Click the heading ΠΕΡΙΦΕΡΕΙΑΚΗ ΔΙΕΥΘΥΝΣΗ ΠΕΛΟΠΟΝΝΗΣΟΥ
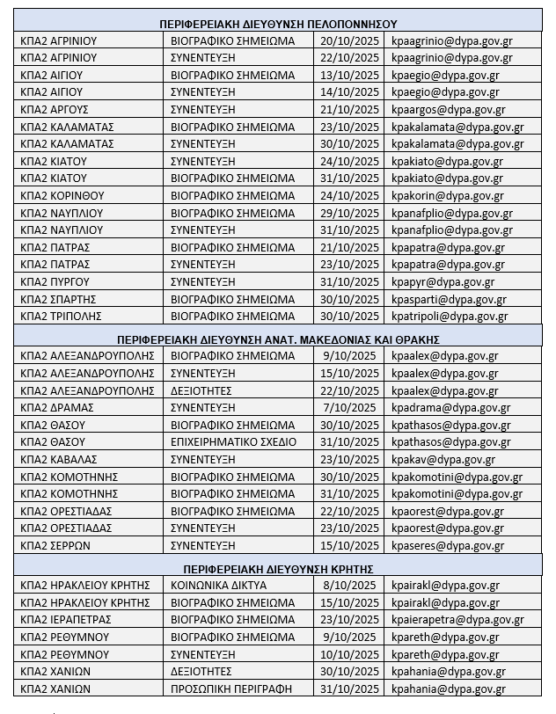tap(278, 23)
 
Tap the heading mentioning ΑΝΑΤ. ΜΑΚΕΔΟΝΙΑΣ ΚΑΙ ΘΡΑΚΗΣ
tap(278, 339)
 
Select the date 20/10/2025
tap(349, 40)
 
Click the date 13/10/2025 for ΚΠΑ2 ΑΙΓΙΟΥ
tap(349, 75)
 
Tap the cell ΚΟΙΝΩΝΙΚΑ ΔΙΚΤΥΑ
tap(220, 585)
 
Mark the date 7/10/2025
tap(349, 407)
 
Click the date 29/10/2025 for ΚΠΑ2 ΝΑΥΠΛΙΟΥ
tap(349, 213)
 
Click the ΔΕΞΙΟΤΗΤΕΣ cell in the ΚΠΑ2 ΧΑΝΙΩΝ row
tap(207, 671)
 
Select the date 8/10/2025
tap(349, 585)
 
